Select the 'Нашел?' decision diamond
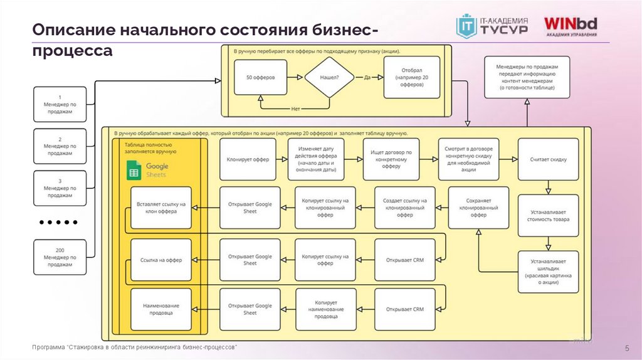click(x=329, y=78)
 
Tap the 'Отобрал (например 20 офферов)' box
click(x=408, y=78)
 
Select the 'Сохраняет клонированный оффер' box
click(x=478, y=208)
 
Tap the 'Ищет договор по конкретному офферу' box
click(x=391, y=159)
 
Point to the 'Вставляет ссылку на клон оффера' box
click(x=160, y=208)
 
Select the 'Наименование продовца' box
click(x=160, y=309)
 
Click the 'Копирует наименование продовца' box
click(x=326, y=309)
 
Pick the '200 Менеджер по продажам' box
click(x=60, y=257)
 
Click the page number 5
click(x=626, y=349)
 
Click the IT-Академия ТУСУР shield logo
click(x=466, y=27)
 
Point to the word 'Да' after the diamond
click(x=368, y=78)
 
